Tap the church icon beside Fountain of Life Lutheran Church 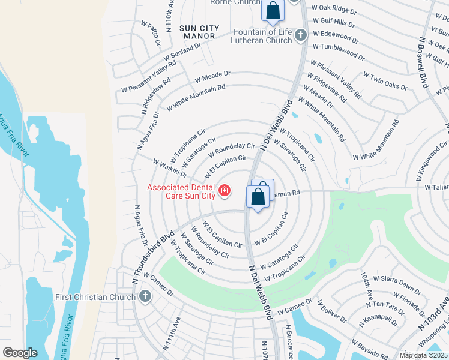301,37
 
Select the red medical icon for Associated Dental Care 224,191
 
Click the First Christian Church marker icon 145,296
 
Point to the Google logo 20,352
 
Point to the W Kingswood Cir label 428,155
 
